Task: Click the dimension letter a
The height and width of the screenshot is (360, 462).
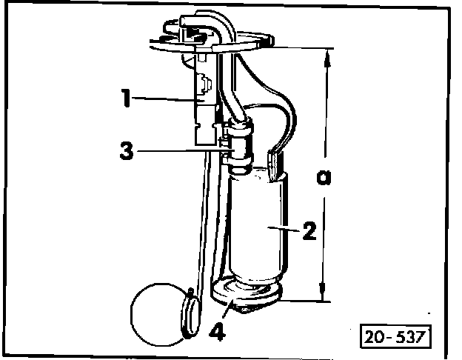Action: (322, 178)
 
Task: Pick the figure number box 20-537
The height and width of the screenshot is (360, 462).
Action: (395, 336)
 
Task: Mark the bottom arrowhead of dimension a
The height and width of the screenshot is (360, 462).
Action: (324, 295)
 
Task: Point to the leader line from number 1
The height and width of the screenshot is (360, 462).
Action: (167, 99)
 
